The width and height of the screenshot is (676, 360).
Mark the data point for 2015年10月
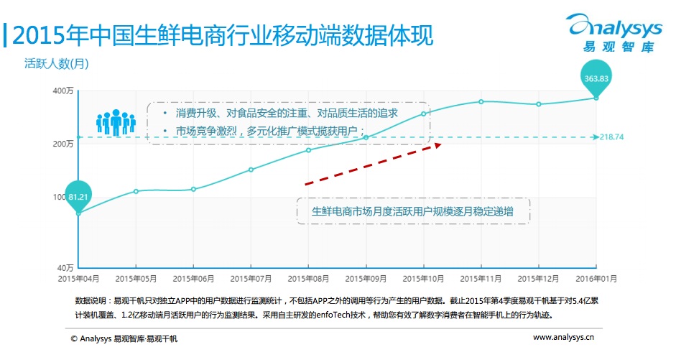point(423,114)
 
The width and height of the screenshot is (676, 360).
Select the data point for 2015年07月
point(251,170)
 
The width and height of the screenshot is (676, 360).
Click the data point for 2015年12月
point(538,104)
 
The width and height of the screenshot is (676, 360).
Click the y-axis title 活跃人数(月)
point(57,63)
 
